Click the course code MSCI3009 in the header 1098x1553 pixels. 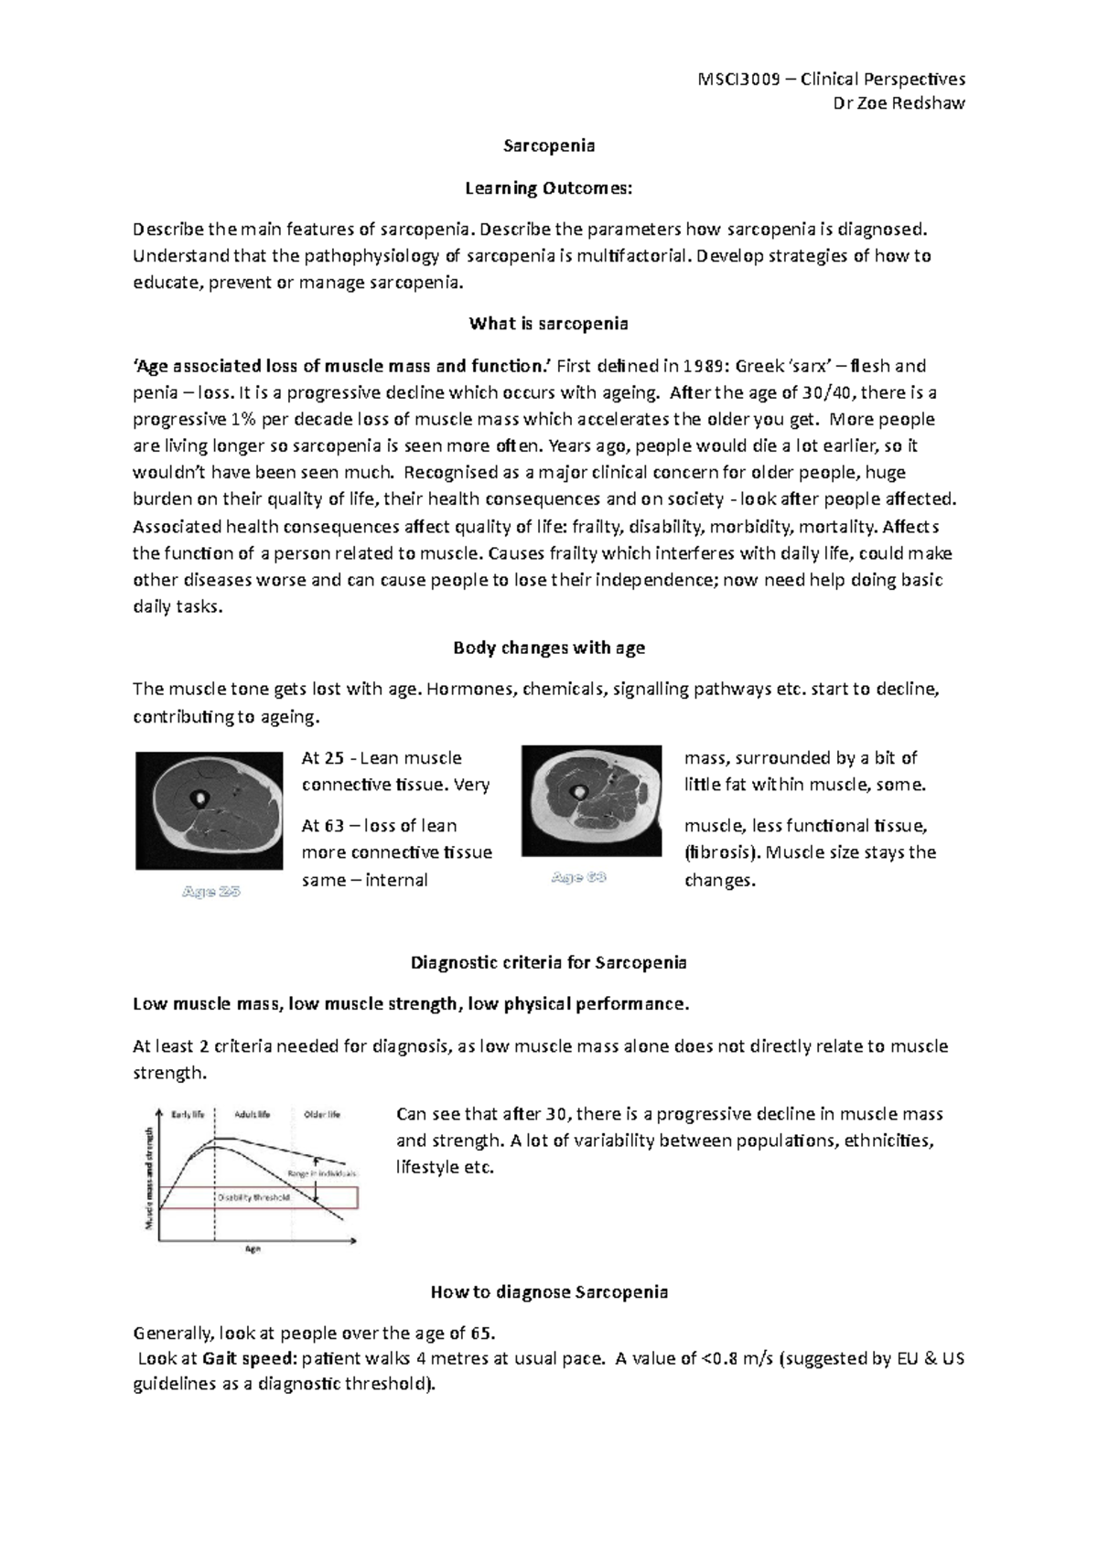click(739, 80)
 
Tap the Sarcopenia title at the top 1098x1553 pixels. click(549, 145)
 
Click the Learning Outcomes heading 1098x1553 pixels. click(549, 188)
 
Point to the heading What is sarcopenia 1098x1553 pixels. click(549, 324)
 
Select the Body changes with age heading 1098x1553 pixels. click(549, 648)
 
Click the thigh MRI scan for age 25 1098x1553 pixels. click(210, 809)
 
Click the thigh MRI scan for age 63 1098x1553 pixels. click(592, 800)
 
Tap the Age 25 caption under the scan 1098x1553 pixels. click(210, 891)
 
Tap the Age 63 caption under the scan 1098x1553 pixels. click(579, 878)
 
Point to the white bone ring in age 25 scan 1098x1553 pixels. click(198, 799)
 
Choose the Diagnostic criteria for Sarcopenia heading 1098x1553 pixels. click(549, 962)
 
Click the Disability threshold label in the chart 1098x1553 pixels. click(253, 1197)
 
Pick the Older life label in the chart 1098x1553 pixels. click(321, 1114)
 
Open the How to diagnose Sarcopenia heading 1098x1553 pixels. click(549, 1292)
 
